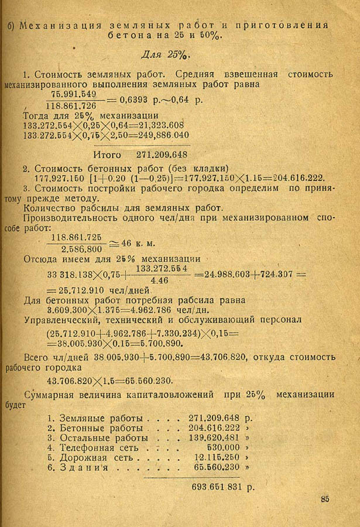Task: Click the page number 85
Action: [x=325, y=499]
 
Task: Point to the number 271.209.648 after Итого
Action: [x=162, y=155]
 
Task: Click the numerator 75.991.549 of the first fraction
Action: [x=74, y=94]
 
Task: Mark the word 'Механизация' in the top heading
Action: [x=53, y=25]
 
